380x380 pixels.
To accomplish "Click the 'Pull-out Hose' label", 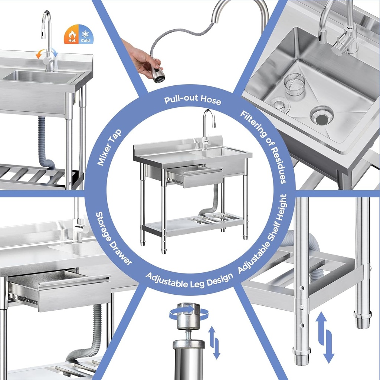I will pos(193,100).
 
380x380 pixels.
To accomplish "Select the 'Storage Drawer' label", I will pos(114,238).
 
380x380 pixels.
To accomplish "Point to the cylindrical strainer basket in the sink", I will pos(294,85).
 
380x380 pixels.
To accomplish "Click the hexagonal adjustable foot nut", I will pos(189,316).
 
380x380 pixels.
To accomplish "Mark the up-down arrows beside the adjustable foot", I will pos(214,342).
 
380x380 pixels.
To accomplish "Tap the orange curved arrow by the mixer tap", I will pos(39,55).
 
